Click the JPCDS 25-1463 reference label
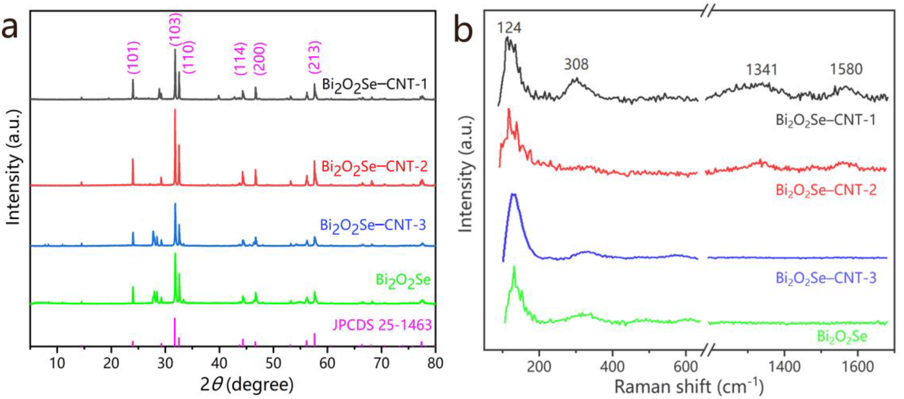382,325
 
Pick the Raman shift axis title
689,386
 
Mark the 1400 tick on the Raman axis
784,367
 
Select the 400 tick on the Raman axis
612,367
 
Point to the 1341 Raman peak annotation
762,70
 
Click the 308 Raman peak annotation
576,64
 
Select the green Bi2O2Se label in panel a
403,280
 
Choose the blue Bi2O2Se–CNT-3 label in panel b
826,278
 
